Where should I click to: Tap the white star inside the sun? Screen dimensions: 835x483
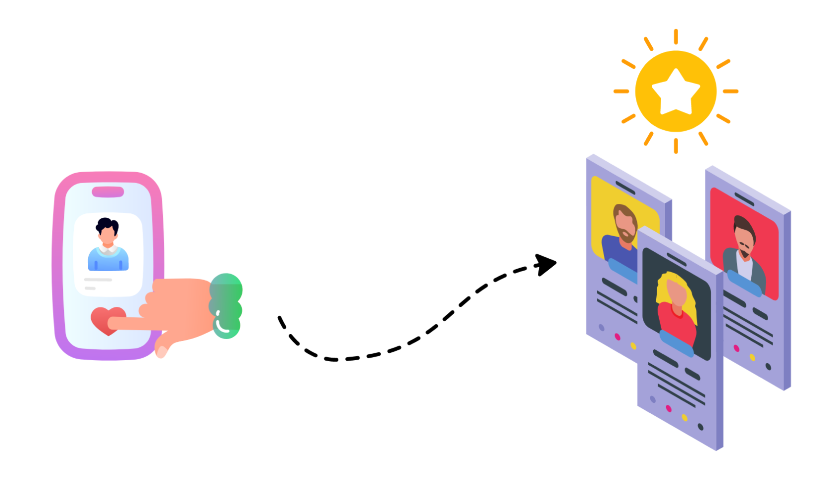coord(676,92)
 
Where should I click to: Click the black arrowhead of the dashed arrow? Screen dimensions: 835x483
coord(546,264)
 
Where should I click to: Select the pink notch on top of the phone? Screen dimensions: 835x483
coord(108,192)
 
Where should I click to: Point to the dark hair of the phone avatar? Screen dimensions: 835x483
coord(107,225)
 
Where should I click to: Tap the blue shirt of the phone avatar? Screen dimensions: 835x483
coord(108,259)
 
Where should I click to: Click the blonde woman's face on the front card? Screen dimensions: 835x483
coord(676,292)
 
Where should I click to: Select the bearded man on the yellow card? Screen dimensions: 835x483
coord(625,225)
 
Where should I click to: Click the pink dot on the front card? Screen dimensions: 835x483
coord(669,408)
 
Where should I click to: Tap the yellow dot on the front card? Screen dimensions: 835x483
coord(684,418)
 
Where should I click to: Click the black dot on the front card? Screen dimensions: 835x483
coord(700,427)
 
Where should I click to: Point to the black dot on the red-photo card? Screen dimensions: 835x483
coord(768,367)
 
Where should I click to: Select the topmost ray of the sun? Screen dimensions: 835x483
coord(676,37)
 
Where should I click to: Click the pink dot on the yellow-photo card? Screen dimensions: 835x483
coord(617,337)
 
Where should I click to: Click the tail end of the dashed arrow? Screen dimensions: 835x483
coord(280,319)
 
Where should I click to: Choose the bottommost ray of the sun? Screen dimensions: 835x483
coord(676,146)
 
